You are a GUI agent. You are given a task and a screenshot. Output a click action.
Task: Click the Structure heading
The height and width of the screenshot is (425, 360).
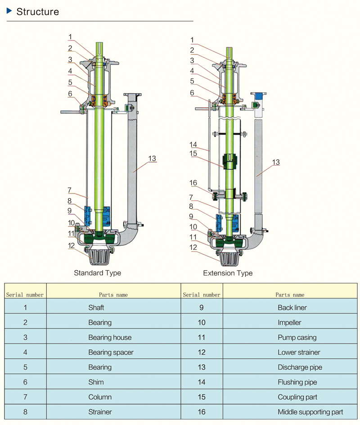point(37,12)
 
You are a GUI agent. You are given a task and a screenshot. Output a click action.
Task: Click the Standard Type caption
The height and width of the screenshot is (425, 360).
point(97,273)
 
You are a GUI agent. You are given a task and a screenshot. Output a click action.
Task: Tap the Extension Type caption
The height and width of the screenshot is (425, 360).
point(228,273)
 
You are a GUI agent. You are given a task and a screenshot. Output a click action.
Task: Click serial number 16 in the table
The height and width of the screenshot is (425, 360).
point(201,412)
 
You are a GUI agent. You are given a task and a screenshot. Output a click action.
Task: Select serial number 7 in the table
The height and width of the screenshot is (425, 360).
point(25,397)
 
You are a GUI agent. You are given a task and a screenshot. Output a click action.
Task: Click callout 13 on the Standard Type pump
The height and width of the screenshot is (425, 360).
point(152,158)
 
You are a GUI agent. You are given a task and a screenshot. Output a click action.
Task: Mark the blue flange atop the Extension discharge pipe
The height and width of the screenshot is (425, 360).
point(258,95)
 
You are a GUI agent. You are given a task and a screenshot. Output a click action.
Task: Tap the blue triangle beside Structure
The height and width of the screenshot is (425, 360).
point(9,11)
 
